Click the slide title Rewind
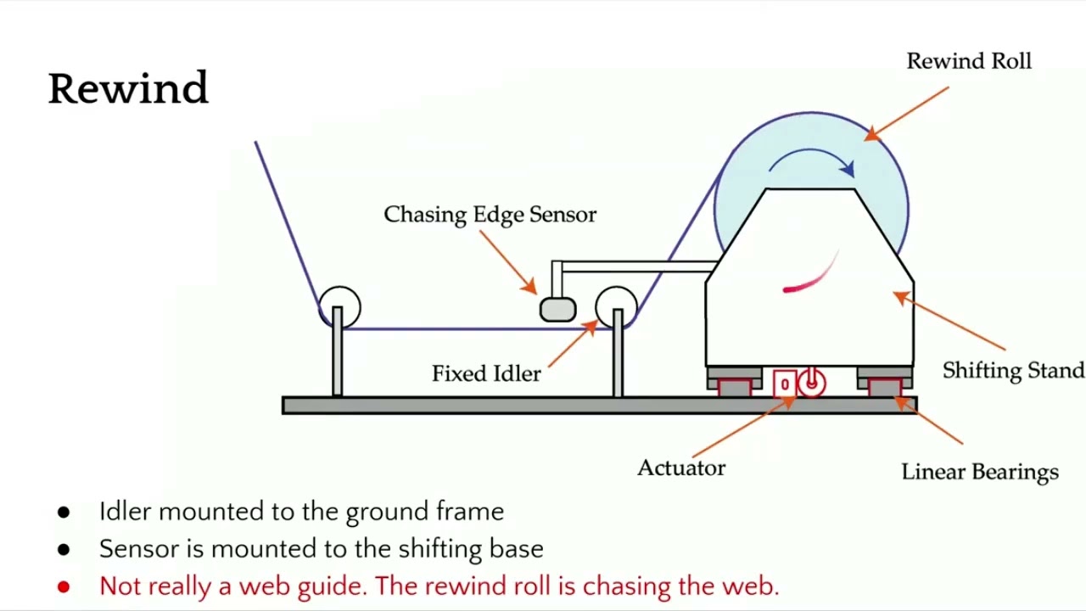click(x=128, y=88)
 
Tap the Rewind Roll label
click(x=968, y=62)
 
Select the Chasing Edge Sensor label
click(x=490, y=215)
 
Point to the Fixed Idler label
click(x=485, y=373)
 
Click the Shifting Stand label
click(x=1013, y=371)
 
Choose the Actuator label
click(x=681, y=468)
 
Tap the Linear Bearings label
click(x=979, y=472)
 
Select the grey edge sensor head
click(x=557, y=309)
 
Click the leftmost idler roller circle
click(x=339, y=306)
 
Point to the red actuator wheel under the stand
click(x=812, y=384)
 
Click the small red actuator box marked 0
click(x=785, y=384)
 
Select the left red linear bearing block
click(x=735, y=388)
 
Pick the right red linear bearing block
click(x=885, y=388)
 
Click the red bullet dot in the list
click(x=64, y=586)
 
